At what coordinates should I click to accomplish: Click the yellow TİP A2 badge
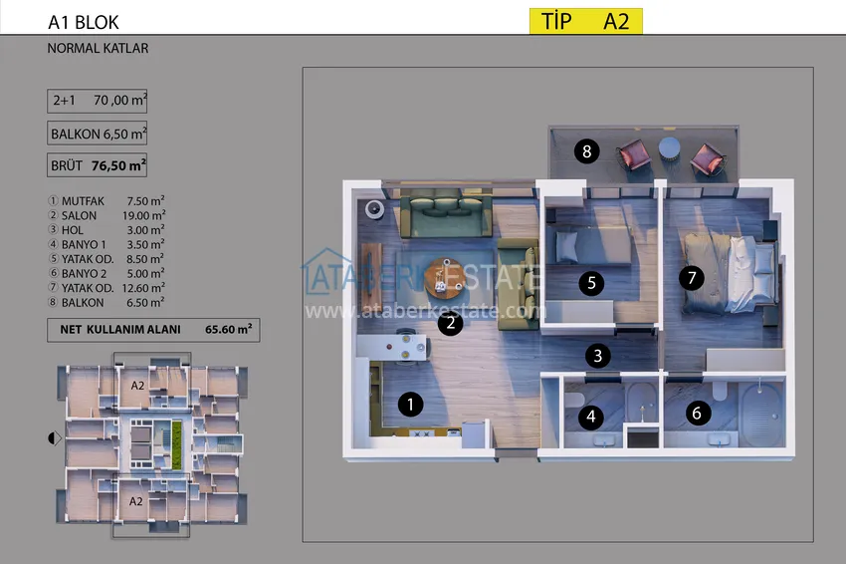(x=584, y=21)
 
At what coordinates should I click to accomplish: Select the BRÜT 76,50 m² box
(x=98, y=165)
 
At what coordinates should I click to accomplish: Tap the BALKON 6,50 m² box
(x=98, y=133)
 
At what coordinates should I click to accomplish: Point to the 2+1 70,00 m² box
(x=98, y=100)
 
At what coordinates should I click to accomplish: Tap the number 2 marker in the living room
(x=451, y=322)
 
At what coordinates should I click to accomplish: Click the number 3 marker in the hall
(x=597, y=354)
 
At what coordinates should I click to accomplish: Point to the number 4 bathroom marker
(x=592, y=417)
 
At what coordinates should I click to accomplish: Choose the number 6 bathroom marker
(x=696, y=412)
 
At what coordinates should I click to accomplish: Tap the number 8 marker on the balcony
(x=587, y=151)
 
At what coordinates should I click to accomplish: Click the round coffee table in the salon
(x=445, y=277)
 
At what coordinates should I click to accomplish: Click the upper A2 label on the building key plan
(x=138, y=384)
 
